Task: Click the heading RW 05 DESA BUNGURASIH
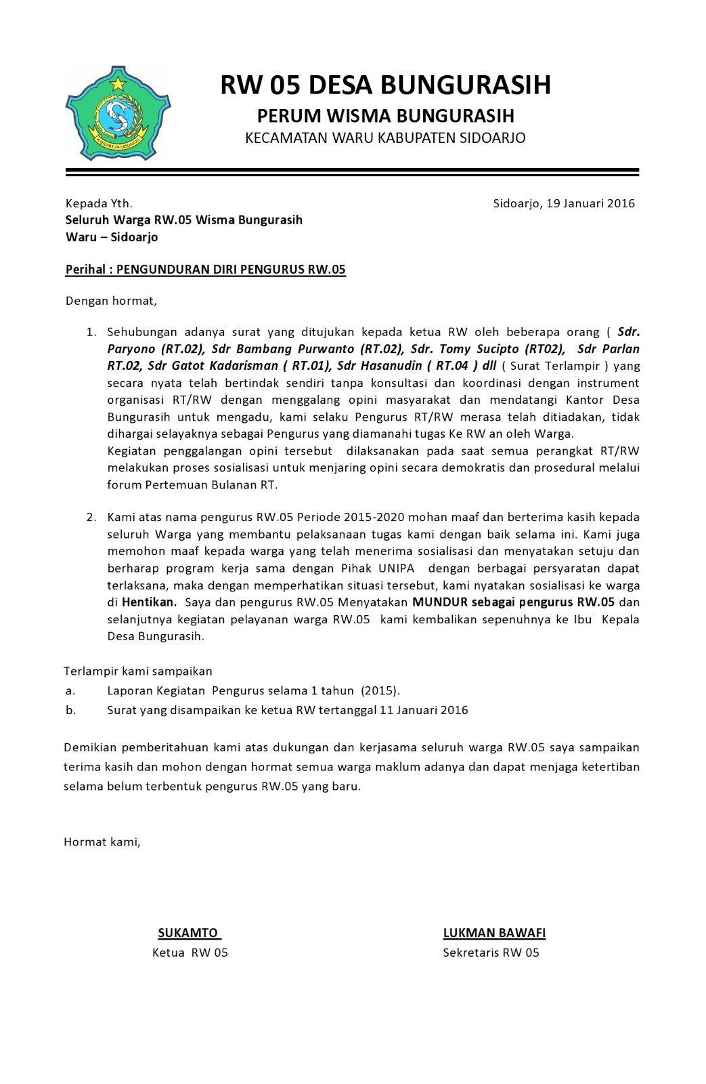[385, 85]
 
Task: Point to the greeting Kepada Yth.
[99, 203]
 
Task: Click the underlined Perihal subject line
[205, 270]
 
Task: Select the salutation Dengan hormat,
[111, 300]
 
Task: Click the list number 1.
[91, 332]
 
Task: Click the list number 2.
[91, 518]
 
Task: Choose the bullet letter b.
[70, 711]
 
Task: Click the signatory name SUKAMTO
[189, 933]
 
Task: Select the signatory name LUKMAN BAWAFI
[494, 933]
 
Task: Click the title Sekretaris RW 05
[491, 953]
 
